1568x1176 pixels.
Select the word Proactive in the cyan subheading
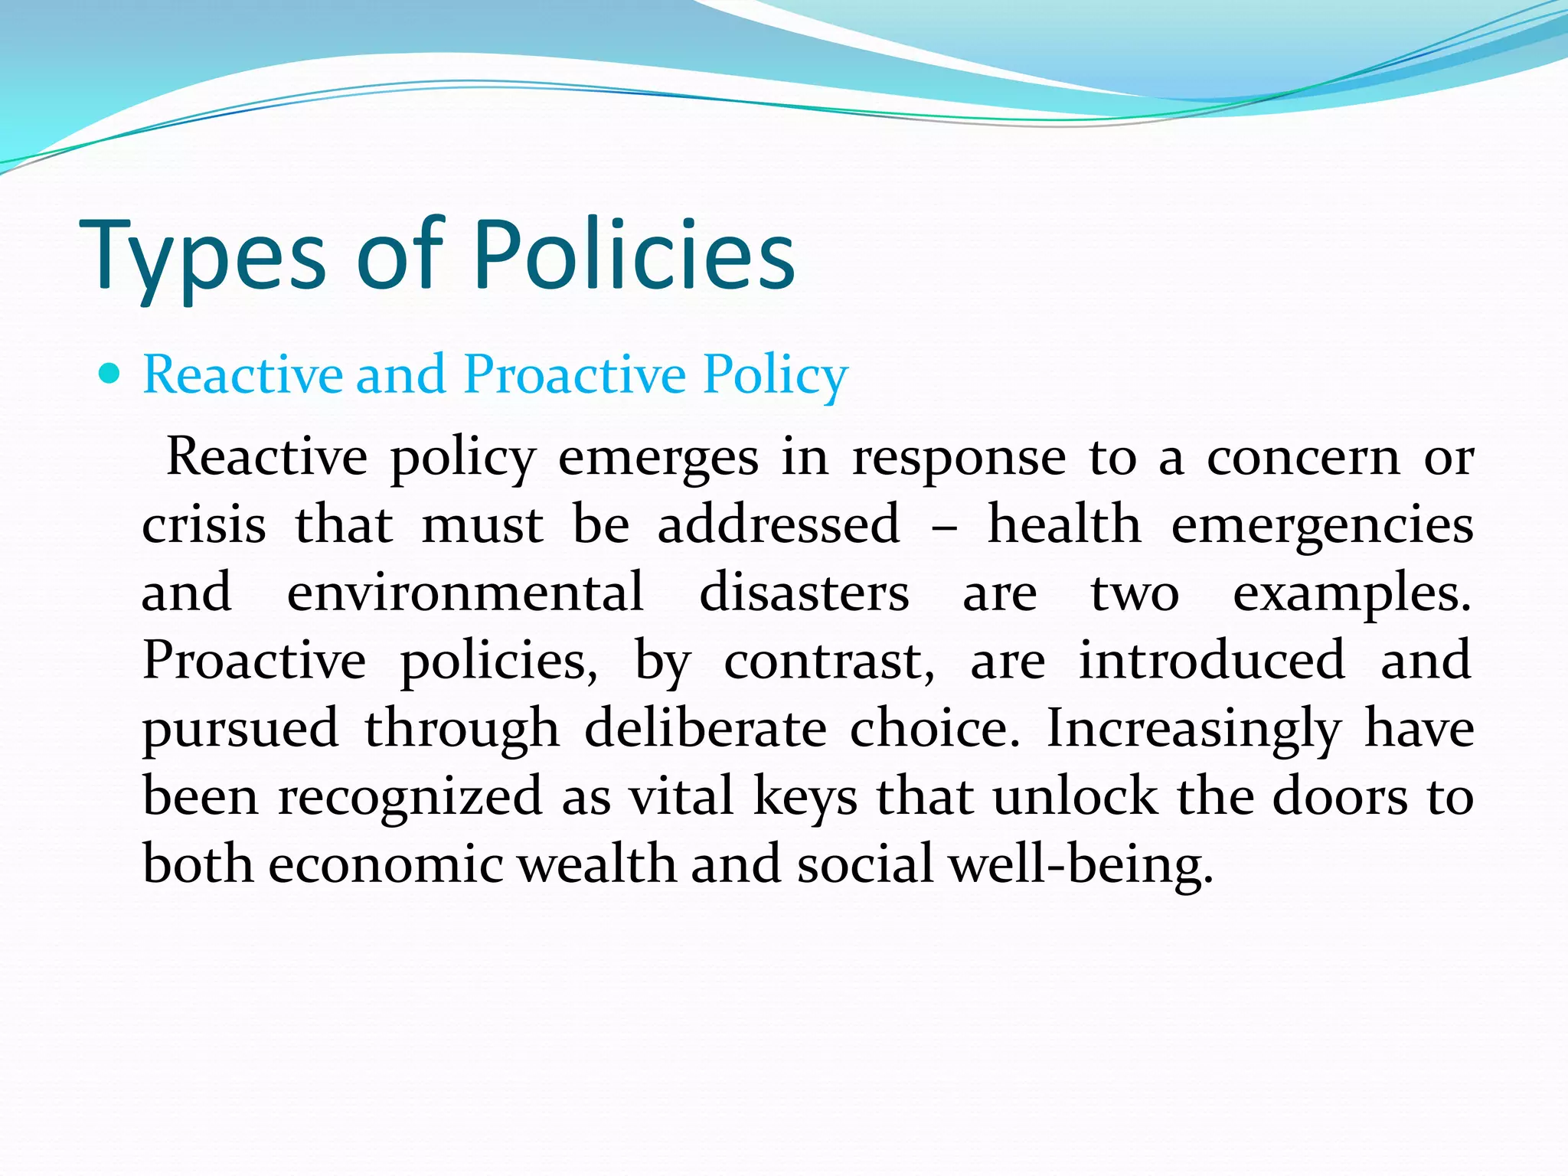pos(575,374)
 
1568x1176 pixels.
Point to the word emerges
pos(658,457)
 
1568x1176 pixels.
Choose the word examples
pos(1351,593)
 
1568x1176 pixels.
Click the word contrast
pos(829,660)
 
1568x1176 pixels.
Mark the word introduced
pos(1211,660)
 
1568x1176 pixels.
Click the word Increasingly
pos(1193,729)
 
